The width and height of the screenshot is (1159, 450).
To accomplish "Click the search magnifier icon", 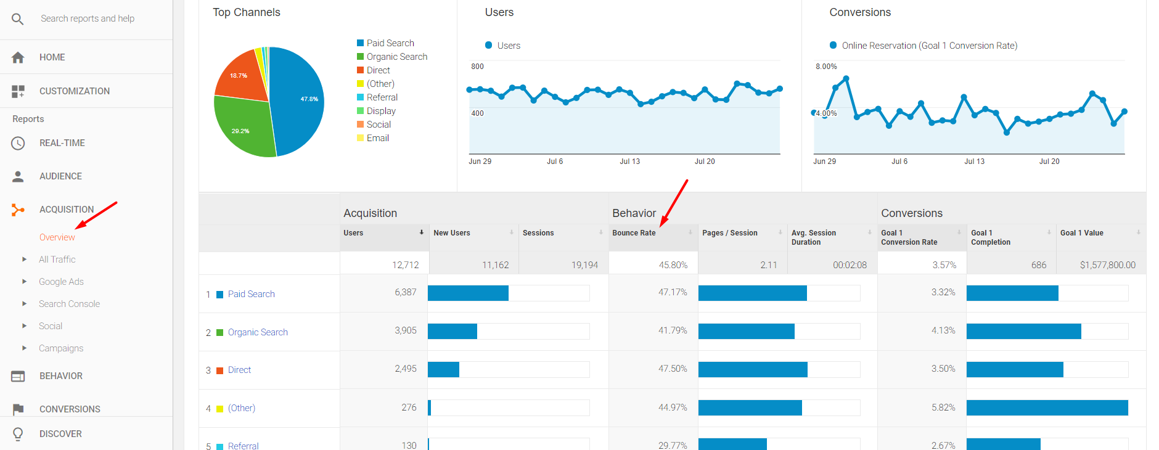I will [18, 19].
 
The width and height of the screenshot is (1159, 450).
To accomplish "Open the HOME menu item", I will [52, 57].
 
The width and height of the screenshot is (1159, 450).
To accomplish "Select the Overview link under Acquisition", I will [57, 237].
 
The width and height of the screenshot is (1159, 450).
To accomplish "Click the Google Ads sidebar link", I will [61, 282].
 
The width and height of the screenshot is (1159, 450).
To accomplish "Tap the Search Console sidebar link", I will [69, 304].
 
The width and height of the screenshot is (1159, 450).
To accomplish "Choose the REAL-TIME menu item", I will [62, 143].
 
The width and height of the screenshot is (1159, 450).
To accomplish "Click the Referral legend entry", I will [382, 97].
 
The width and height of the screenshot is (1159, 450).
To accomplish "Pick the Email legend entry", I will [377, 138].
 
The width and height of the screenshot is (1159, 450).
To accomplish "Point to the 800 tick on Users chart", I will [477, 67].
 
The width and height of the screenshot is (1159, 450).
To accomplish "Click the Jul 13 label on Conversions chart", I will [974, 162].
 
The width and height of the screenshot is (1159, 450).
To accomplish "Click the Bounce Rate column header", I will [634, 233].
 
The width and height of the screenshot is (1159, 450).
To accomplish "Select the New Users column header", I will [451, 233].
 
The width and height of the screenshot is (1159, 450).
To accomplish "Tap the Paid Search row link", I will [251, 294].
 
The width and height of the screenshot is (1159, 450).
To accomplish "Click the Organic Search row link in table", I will [258, 332].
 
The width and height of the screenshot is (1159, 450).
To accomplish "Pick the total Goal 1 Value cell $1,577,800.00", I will [1107, 265].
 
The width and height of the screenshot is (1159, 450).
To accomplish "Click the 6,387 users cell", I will [405, 292].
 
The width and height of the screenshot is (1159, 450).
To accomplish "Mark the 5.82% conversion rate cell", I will [943, 407].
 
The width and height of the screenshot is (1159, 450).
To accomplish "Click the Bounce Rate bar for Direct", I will [752, 370].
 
